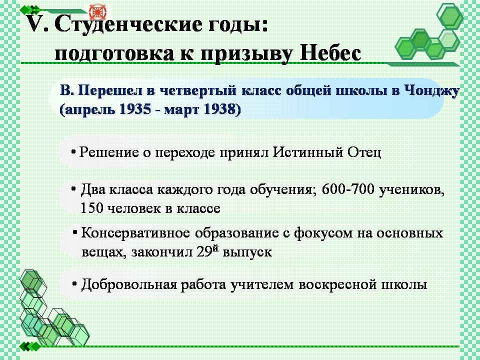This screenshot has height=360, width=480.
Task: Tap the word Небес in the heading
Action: [x=330, y=53]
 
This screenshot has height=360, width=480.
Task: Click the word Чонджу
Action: [x=432, y=91]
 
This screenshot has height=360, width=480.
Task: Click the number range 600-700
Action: [x=348, y=189]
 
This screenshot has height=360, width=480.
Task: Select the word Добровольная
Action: [x=129, y=284]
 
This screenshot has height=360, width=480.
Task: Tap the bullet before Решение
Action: [x=73, y=151]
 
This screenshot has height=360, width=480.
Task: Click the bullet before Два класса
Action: [x=73, y=189]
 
